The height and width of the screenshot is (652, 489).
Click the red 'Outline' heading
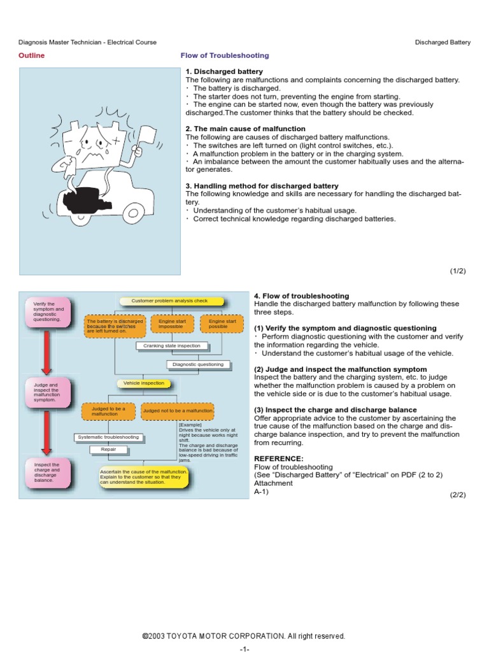[x=31, y=55]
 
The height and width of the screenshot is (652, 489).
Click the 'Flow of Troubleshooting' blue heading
[x=225, y=55]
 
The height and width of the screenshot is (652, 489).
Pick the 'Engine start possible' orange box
[x=222, y=325]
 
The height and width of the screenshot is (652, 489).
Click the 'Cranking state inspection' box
[x=172, y=346]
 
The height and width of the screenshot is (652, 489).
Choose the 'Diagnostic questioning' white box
[x=198, y=364]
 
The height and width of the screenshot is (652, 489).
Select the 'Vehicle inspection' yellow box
[x=143, y=383]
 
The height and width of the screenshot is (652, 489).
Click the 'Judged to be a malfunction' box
[x=108, y=411]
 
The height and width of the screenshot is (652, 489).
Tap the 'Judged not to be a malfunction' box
[x=178, y=411]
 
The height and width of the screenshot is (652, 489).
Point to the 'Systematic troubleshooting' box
[x=108, y=437]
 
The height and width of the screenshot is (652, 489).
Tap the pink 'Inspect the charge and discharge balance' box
[x=46, y=473]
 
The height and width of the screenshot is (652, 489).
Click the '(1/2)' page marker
[x=458, y=271]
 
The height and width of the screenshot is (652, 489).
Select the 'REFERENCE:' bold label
[x=279, y=458]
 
